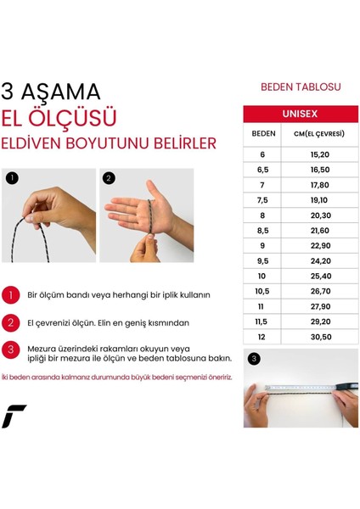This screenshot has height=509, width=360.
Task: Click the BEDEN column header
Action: pos(262,135)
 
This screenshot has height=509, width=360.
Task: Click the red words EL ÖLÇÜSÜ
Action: pos(59,117)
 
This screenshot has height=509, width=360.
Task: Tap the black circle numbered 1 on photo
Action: pos(12,179)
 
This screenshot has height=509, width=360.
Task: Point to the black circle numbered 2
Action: pos(109,179)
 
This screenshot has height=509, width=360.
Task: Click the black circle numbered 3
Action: pos(254,359)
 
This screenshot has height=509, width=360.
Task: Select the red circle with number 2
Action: pos(12,323)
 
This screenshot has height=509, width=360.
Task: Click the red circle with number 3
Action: pos(12,350)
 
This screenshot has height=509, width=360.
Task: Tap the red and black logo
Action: pos(14,417)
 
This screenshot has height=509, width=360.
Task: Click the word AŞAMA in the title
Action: pos(69,92)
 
